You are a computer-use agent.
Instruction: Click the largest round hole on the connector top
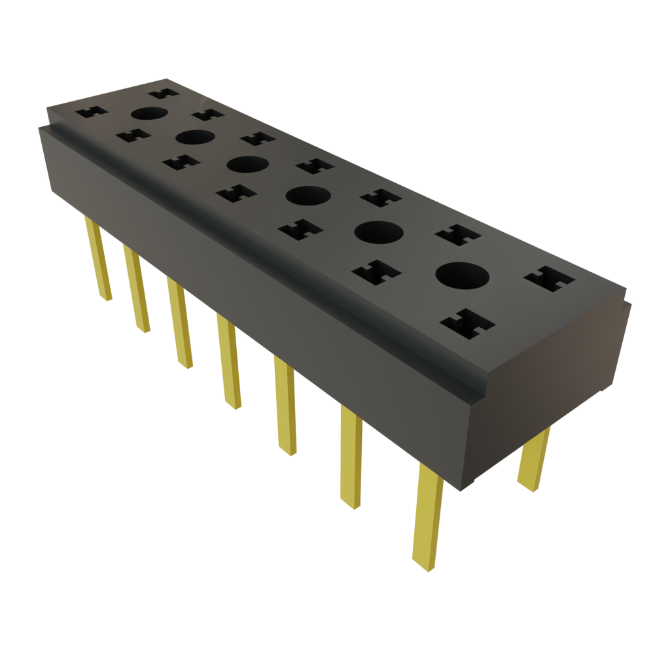pos(463,275)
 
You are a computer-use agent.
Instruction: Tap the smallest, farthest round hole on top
pos(149,114)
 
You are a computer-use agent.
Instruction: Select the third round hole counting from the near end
pos(306,195)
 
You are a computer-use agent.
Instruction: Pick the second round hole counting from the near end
pos(378,232)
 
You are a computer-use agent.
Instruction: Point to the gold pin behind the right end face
pos(534,459)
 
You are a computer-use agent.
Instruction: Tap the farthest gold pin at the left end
pos(97,259)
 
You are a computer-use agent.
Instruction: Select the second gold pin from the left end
pos(136,288)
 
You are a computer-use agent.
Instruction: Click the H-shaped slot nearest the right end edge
pos(549,278)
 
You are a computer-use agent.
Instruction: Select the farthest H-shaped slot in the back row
pos(163,92)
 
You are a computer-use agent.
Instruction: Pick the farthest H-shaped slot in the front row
pos(92,112)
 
